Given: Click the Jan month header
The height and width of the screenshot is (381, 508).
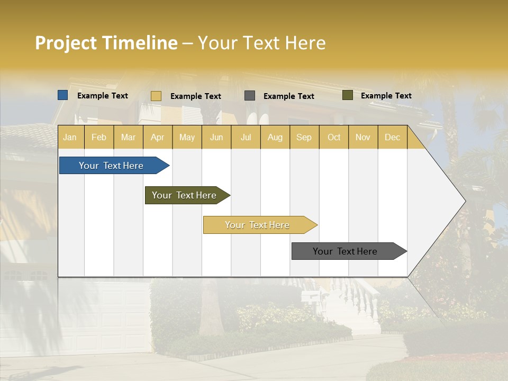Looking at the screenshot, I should coord(70,137).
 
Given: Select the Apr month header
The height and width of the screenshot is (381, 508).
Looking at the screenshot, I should coord(157,137).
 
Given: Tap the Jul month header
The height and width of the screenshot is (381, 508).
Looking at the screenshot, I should coord(246,137).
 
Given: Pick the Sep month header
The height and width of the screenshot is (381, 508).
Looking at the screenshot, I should coord(304,137).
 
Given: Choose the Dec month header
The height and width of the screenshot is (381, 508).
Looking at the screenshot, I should coord(392,137).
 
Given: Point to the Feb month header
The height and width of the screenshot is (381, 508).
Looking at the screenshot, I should coord(99,137).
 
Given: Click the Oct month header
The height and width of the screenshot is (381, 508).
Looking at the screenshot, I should coord(334,137).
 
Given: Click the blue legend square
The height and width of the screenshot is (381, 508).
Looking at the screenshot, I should coord(63,95).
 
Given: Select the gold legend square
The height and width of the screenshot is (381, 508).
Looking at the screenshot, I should coord(156,96).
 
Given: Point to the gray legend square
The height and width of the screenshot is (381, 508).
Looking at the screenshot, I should coord(250,96).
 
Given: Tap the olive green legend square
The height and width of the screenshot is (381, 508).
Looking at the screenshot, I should coord(348,95).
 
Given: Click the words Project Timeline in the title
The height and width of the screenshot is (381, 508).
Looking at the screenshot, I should coord(106,43).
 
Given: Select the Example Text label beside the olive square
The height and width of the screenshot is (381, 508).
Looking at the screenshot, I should coord(386,96).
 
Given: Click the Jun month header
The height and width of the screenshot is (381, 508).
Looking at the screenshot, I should coord(216,137).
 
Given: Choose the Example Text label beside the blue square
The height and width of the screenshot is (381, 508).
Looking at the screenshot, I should coord(103,96).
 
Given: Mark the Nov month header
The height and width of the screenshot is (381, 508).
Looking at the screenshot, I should coord(363,137).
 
